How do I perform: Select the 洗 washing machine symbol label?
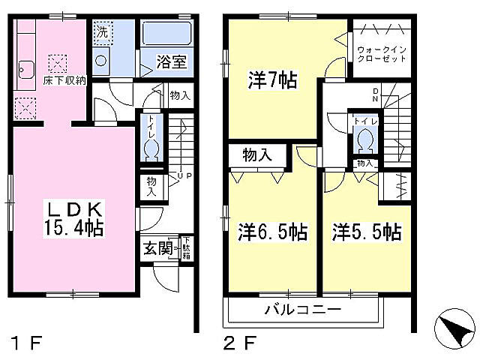(101, 33)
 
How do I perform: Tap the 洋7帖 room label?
(271, 80)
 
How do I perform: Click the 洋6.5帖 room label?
(272, 232)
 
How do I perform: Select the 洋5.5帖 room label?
(366, 232)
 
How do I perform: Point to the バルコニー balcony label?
(302, 310)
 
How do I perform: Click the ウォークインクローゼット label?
(382, 58)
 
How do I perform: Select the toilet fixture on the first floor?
(151, 148)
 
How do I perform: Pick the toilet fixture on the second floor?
(365, 139)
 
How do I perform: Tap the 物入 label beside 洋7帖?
(256, 156)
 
